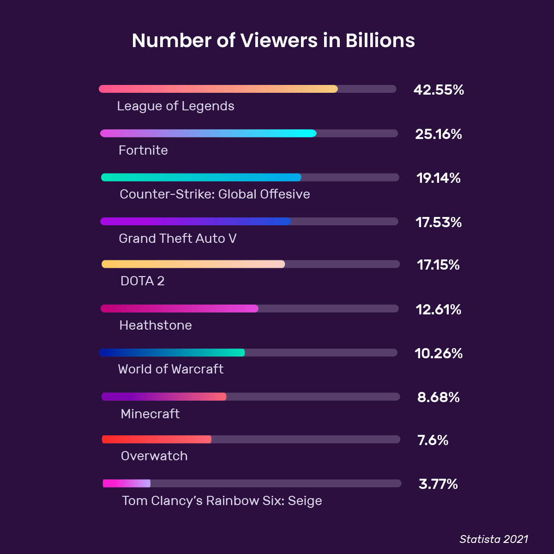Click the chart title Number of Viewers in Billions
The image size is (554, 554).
click(x=273, y=41)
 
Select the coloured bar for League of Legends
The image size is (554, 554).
click(x=218, y=89)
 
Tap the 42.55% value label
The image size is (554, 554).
click(x=439, y=90)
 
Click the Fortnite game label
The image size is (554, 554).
click(x=143, y=151)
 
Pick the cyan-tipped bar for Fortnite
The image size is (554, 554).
click(x=208, y=133)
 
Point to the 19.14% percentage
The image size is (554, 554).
click(x=439, y=178)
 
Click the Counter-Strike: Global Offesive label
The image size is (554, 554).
click(x=215, y=194)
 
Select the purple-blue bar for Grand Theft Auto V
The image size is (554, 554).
click(x=196, y=222)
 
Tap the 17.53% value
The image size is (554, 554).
click(x=439, y=223)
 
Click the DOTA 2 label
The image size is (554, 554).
click(x=142, y=281)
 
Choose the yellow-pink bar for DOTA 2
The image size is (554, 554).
click(x=193, y=264)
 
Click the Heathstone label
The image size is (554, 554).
click(x=156, y=325)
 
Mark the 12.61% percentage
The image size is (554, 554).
click(x=439, y=310)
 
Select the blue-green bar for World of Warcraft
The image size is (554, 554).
click(x=172, y=353)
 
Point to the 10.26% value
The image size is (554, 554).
click(x=439, y=354)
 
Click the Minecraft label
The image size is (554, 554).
click(x=150, y=414)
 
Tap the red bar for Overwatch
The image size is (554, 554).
click(x=157, y=440)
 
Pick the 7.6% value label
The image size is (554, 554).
click(x=433, y=440)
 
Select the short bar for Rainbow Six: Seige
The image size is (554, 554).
click(x=126, y=483)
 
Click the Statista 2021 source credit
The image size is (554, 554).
click(x=494, y=539)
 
